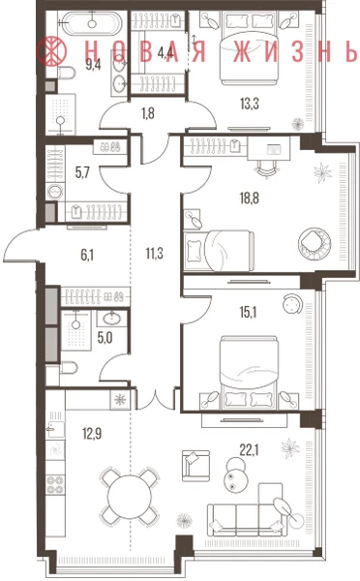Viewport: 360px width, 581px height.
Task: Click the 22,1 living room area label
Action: pos(249,450)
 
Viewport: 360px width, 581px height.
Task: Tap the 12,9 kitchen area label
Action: pos(92,433)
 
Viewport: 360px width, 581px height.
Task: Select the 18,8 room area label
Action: pos(250,199)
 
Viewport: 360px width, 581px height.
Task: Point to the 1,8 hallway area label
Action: pos(148,113)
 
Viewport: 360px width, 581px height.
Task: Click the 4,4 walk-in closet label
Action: pos(165,52)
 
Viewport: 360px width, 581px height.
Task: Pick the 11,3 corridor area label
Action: pos(155,254)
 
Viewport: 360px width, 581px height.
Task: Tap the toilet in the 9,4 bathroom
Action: pos(67,73)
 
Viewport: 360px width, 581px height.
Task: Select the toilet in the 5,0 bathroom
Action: pos(68,368)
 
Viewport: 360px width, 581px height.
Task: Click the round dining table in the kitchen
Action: pos(130,496)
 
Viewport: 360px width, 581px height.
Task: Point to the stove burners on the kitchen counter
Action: pos(55,485)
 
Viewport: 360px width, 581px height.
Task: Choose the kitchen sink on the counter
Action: pos(55,430)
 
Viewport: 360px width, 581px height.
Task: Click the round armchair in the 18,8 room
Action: pos(315,244)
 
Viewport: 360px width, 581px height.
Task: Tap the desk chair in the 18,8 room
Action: pos(266,169)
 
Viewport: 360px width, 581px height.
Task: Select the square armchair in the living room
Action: pos(195,465)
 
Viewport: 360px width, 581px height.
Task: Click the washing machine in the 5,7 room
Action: pos(55,192)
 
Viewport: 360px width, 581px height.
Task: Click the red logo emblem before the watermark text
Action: pos(51,51)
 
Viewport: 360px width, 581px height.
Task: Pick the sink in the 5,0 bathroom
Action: pos(112,318)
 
